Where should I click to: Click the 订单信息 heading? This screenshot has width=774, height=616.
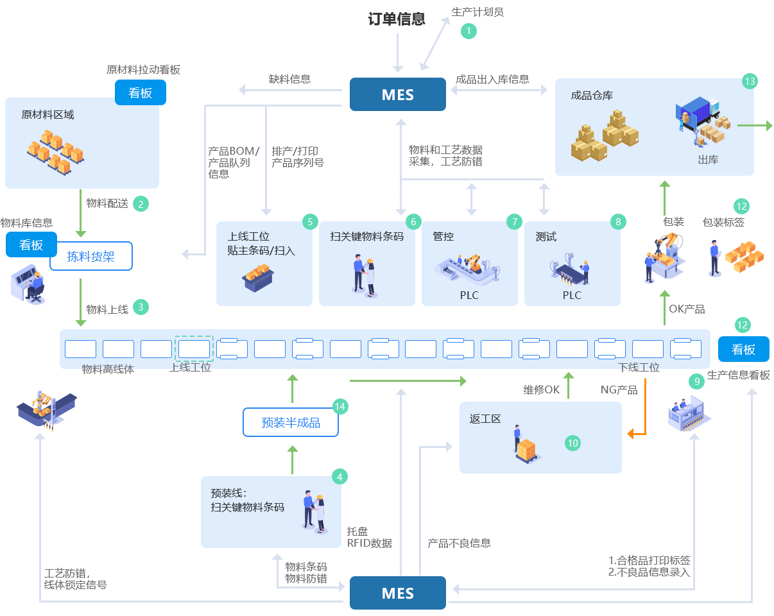pos(397,19)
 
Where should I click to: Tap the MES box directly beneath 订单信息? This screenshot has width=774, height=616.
pos(397,95)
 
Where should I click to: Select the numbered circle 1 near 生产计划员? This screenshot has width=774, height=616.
pos(469,31)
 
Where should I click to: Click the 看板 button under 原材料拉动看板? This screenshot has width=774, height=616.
pos(141,92)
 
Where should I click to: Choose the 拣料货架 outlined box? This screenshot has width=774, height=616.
pos(91,257)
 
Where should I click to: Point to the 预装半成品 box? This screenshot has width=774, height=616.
pos(291,423)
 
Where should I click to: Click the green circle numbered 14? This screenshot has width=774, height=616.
pos(340,406)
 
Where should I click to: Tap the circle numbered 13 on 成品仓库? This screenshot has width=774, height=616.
pos(750,81)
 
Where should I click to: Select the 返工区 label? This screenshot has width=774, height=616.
pos(485,419)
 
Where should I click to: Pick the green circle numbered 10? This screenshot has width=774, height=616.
pos(573,443)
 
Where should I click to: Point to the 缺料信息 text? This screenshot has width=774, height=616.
pos(289,80)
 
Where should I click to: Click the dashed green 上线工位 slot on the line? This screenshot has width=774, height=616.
pos(194,348)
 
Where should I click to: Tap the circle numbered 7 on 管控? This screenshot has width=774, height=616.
pos(514,222)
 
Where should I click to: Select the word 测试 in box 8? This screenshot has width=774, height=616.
pos(546,237)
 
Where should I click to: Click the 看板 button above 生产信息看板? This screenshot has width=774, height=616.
pos(744,349)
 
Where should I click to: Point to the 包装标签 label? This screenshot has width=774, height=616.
pos(723,222)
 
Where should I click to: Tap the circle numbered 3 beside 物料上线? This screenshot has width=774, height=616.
pos(141,307)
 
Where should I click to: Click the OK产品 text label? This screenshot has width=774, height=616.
pos(687,309)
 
